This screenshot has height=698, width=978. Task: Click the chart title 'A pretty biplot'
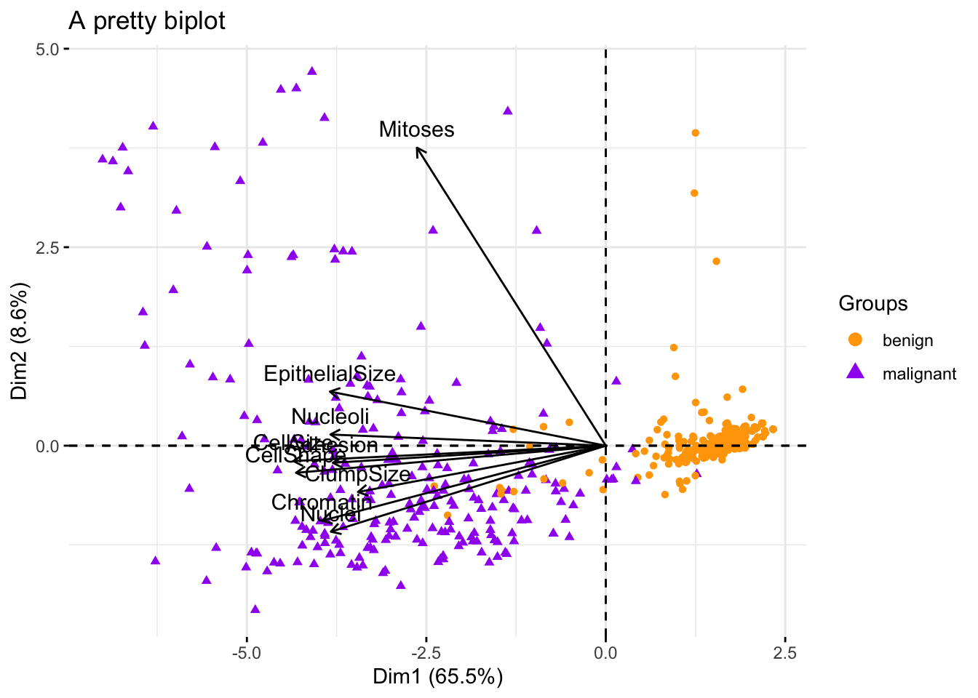pos(146,20)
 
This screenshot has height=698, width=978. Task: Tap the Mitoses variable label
pos(416,129)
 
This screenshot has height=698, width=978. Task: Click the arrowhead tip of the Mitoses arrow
pos(417,148)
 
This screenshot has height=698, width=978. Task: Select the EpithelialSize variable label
pos(330,374)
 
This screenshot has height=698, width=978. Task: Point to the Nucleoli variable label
pos(330,417)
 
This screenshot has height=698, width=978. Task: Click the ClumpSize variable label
pos(358,475)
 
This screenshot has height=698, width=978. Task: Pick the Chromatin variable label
pos(321,502)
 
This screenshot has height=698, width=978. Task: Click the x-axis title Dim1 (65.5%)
pos(438,677)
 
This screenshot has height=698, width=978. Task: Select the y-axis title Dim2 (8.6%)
pos(20,342)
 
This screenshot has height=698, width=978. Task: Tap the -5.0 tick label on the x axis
pos(247,653)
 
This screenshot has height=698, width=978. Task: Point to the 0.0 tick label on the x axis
pos(605,653)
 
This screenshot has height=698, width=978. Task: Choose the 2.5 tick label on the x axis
pos(784,653)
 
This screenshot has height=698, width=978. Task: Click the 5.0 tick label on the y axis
pos(49,49)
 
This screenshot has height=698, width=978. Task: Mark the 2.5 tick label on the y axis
pos(49,247)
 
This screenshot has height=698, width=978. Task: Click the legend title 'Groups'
pos(872,303)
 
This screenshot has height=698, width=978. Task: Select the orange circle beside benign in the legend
pos(856,340)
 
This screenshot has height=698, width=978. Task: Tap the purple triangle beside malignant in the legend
pos(856,373)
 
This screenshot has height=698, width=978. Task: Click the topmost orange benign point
pos(695,132)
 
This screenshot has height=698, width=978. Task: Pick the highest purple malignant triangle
pos(312,71)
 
